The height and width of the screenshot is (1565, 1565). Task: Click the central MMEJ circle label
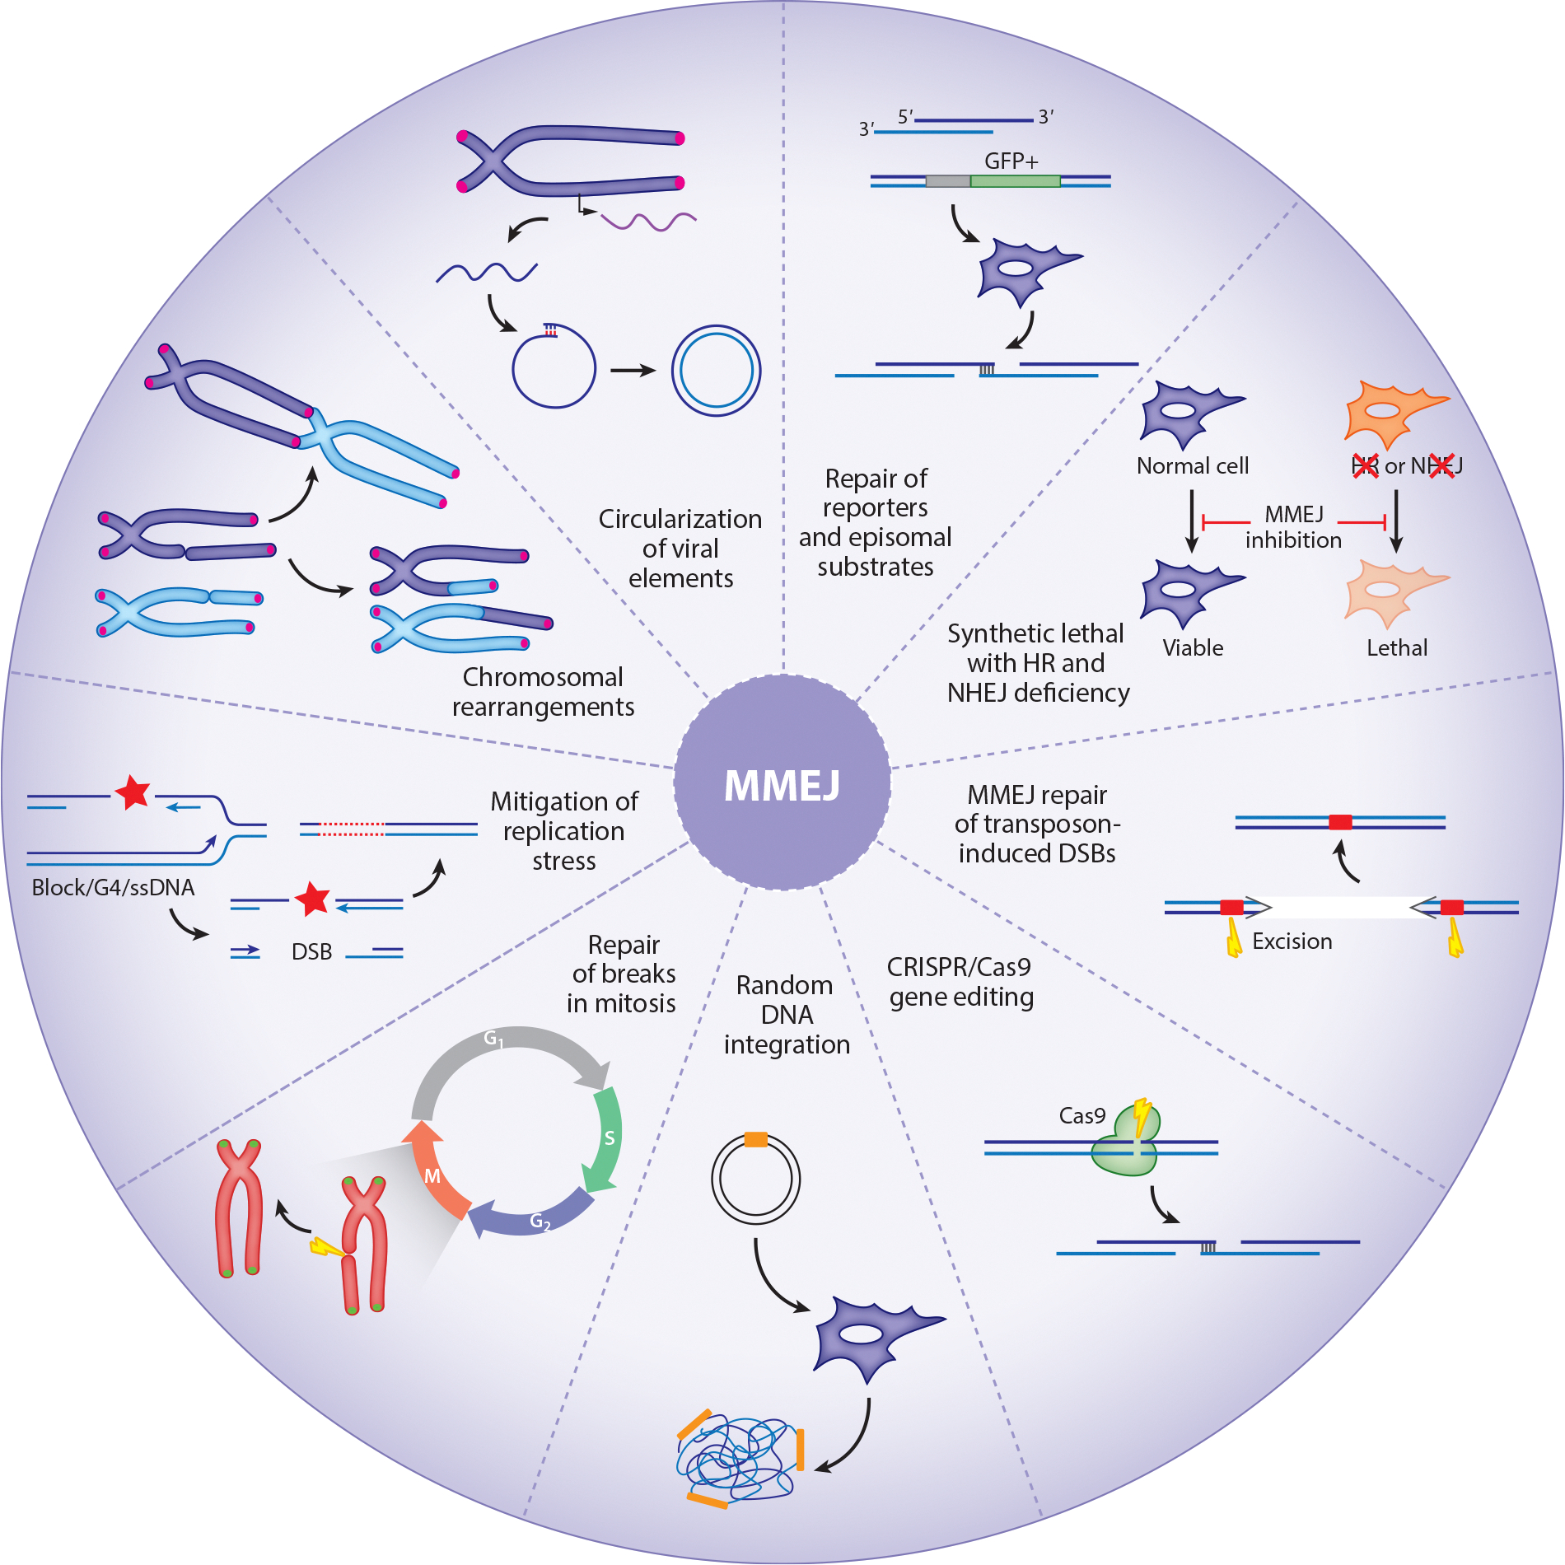[782, 784]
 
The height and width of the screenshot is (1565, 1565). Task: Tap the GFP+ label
[1011, 161]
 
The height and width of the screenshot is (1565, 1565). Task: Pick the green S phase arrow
[605, 1141]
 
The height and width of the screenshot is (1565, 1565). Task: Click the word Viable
[1193, 648]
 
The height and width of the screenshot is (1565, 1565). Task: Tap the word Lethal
[1397, 648]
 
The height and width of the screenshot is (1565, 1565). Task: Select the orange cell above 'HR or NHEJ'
[1392, 412]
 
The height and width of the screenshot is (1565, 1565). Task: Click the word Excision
[1292, 941]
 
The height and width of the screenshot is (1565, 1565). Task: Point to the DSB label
[311, 952]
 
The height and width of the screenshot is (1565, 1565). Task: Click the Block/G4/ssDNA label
[113, 888]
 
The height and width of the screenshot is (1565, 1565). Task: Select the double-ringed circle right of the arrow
[716, 371]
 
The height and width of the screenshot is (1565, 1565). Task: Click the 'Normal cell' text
[1193, 466]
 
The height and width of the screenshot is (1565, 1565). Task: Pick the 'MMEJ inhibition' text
[1293, 527]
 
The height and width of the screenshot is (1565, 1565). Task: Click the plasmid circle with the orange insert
[755, 1178]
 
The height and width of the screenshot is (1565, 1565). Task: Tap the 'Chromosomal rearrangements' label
[543, 692]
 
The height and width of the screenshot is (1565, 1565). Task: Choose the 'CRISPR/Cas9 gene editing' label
[960, 982]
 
